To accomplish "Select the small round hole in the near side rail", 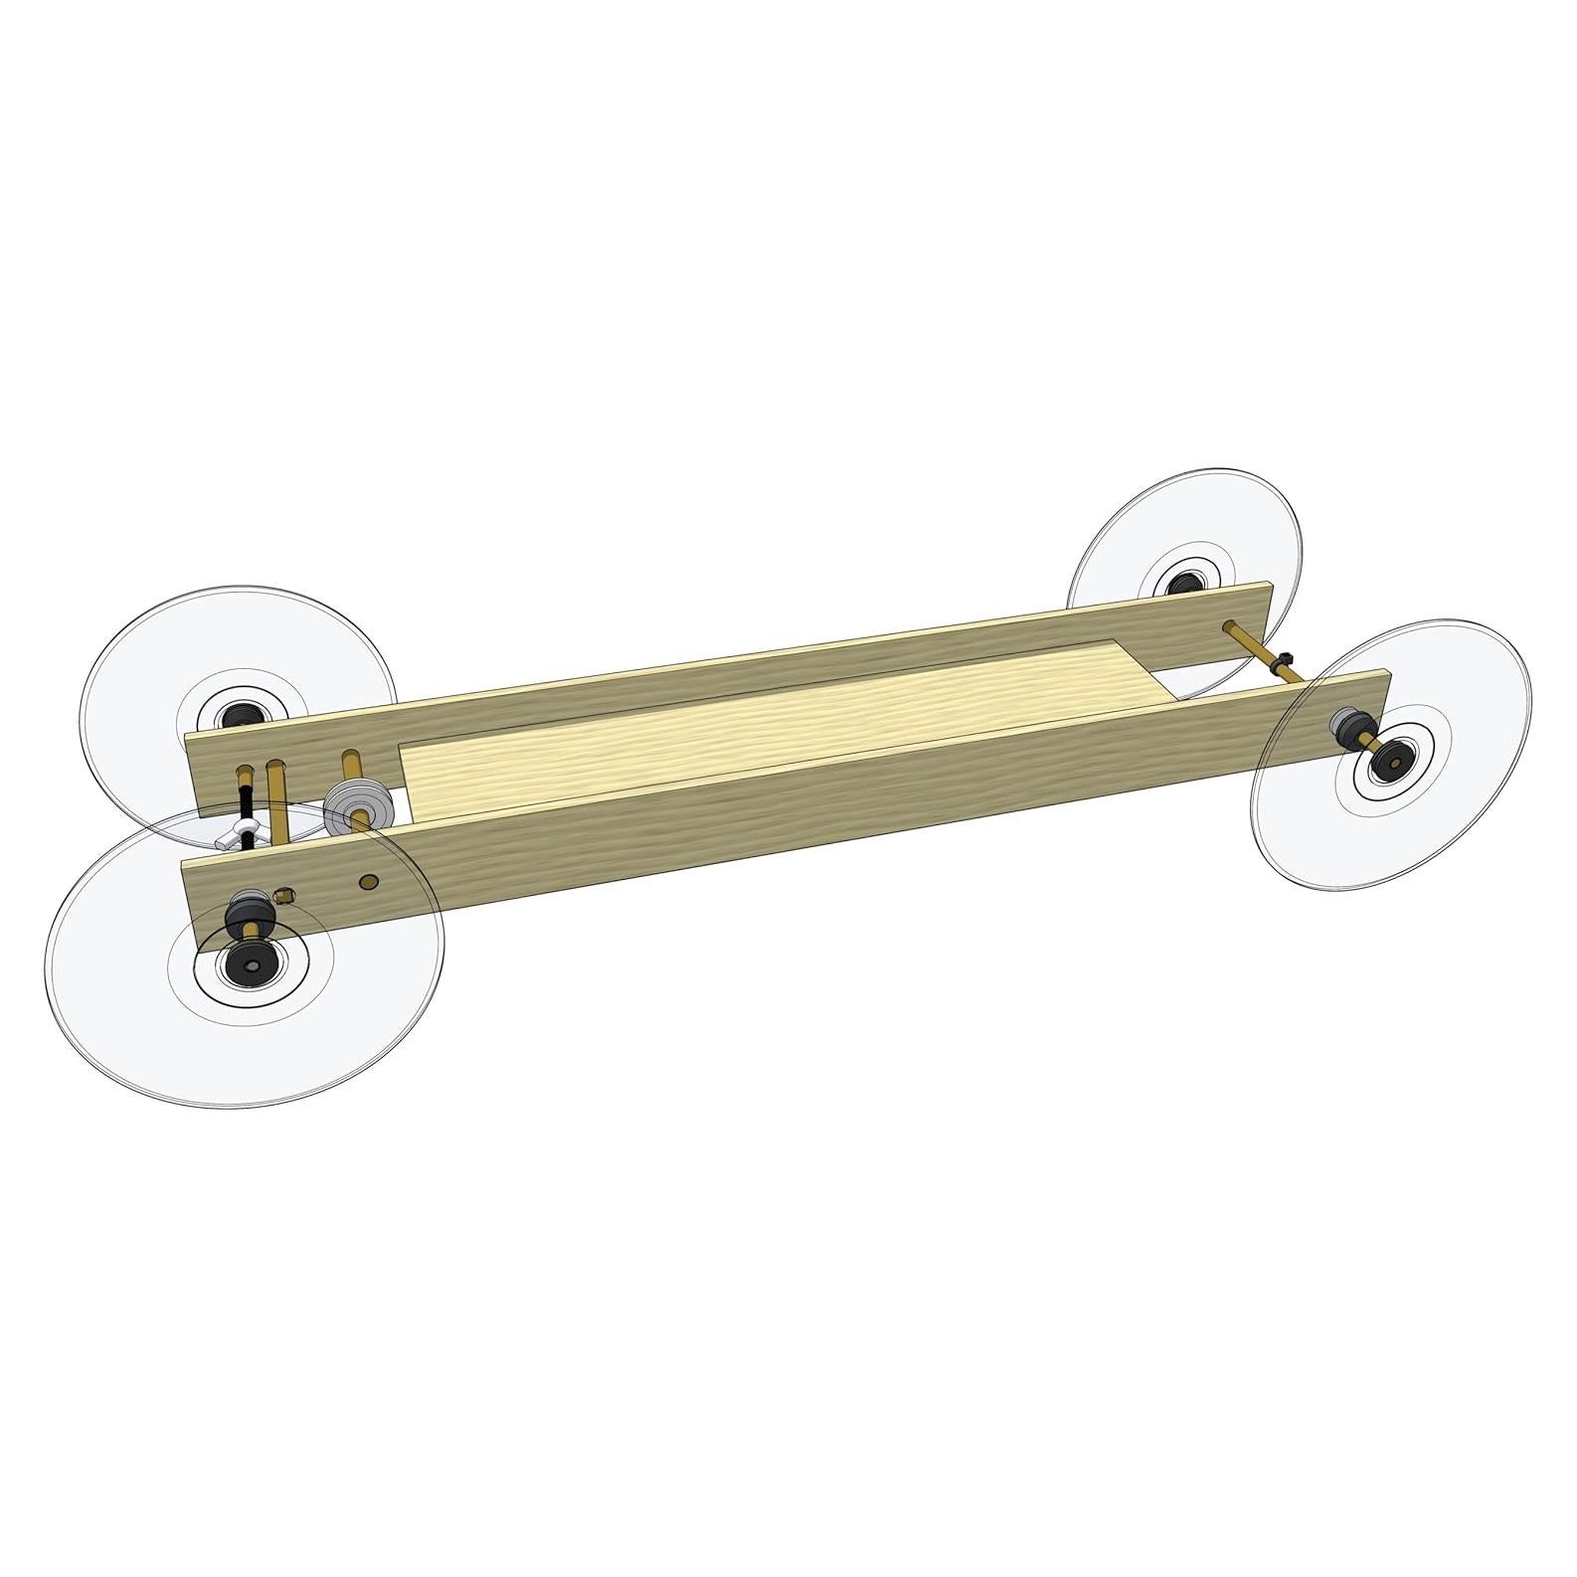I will pyautogui.click(x=369, y=880).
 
